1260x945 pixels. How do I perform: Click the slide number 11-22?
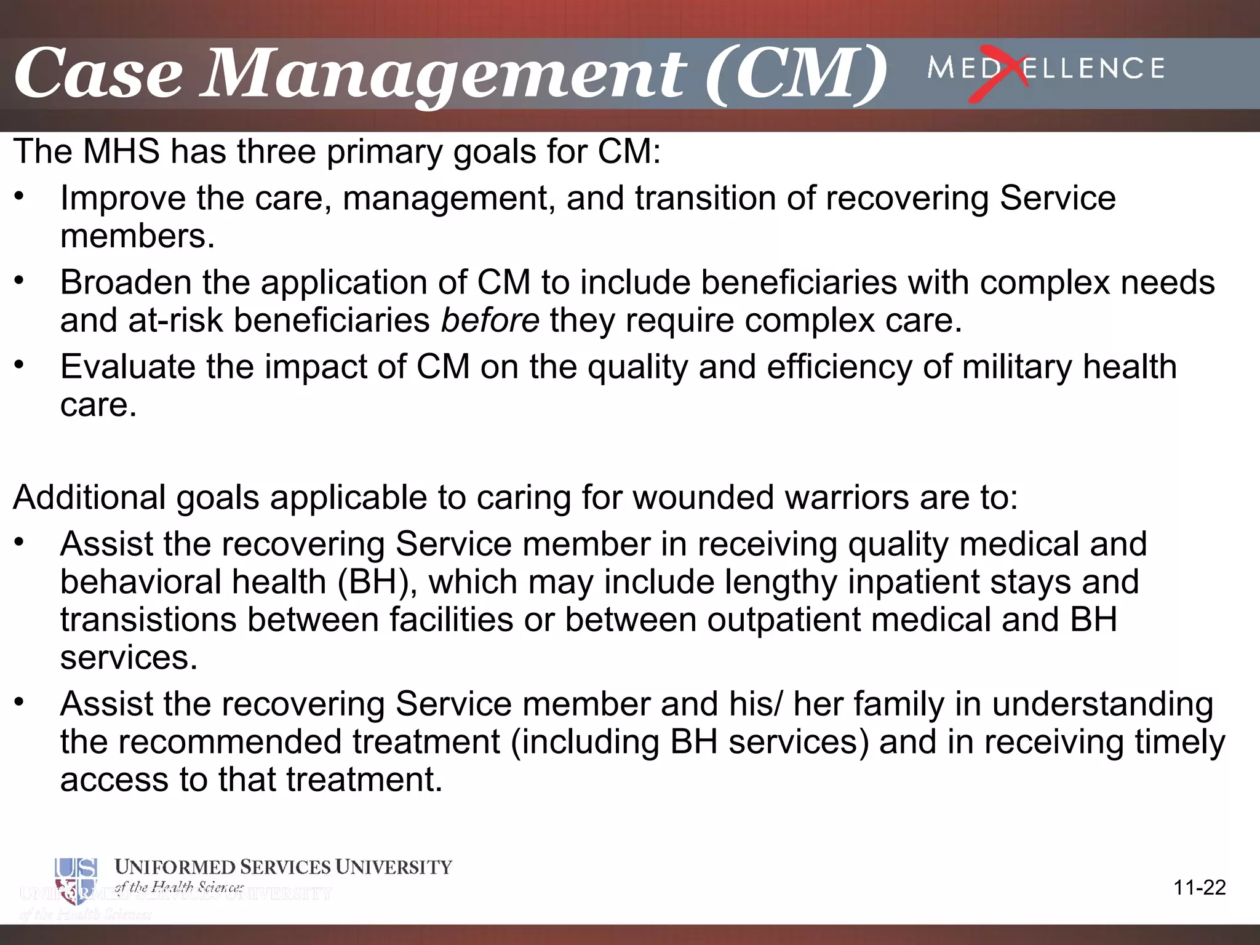click(1199, 888)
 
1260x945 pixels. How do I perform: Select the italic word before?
click(490, 321)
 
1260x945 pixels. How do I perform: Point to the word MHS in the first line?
click(121, 151)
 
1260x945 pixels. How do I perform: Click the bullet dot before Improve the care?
click(19, 196)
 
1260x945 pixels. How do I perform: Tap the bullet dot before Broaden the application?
click(19, 281)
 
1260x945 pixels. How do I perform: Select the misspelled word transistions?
click(148, 620)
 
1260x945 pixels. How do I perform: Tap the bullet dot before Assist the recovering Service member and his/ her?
click(19, 702)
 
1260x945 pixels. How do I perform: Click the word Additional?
click(89, 497)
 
